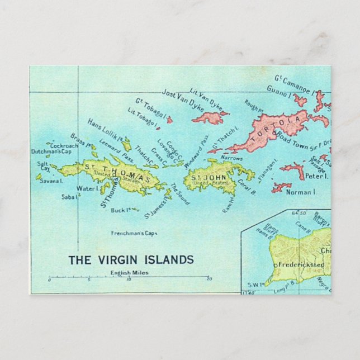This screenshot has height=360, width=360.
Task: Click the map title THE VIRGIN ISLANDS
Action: (x=131, y=259)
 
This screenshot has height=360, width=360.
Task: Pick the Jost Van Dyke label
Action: (x=182, y=100)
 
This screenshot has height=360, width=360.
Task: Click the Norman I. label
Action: (x=301, y=192)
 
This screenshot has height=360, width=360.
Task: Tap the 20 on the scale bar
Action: (x=209, y=279)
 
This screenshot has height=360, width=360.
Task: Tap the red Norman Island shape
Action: (x=281, y=187)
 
